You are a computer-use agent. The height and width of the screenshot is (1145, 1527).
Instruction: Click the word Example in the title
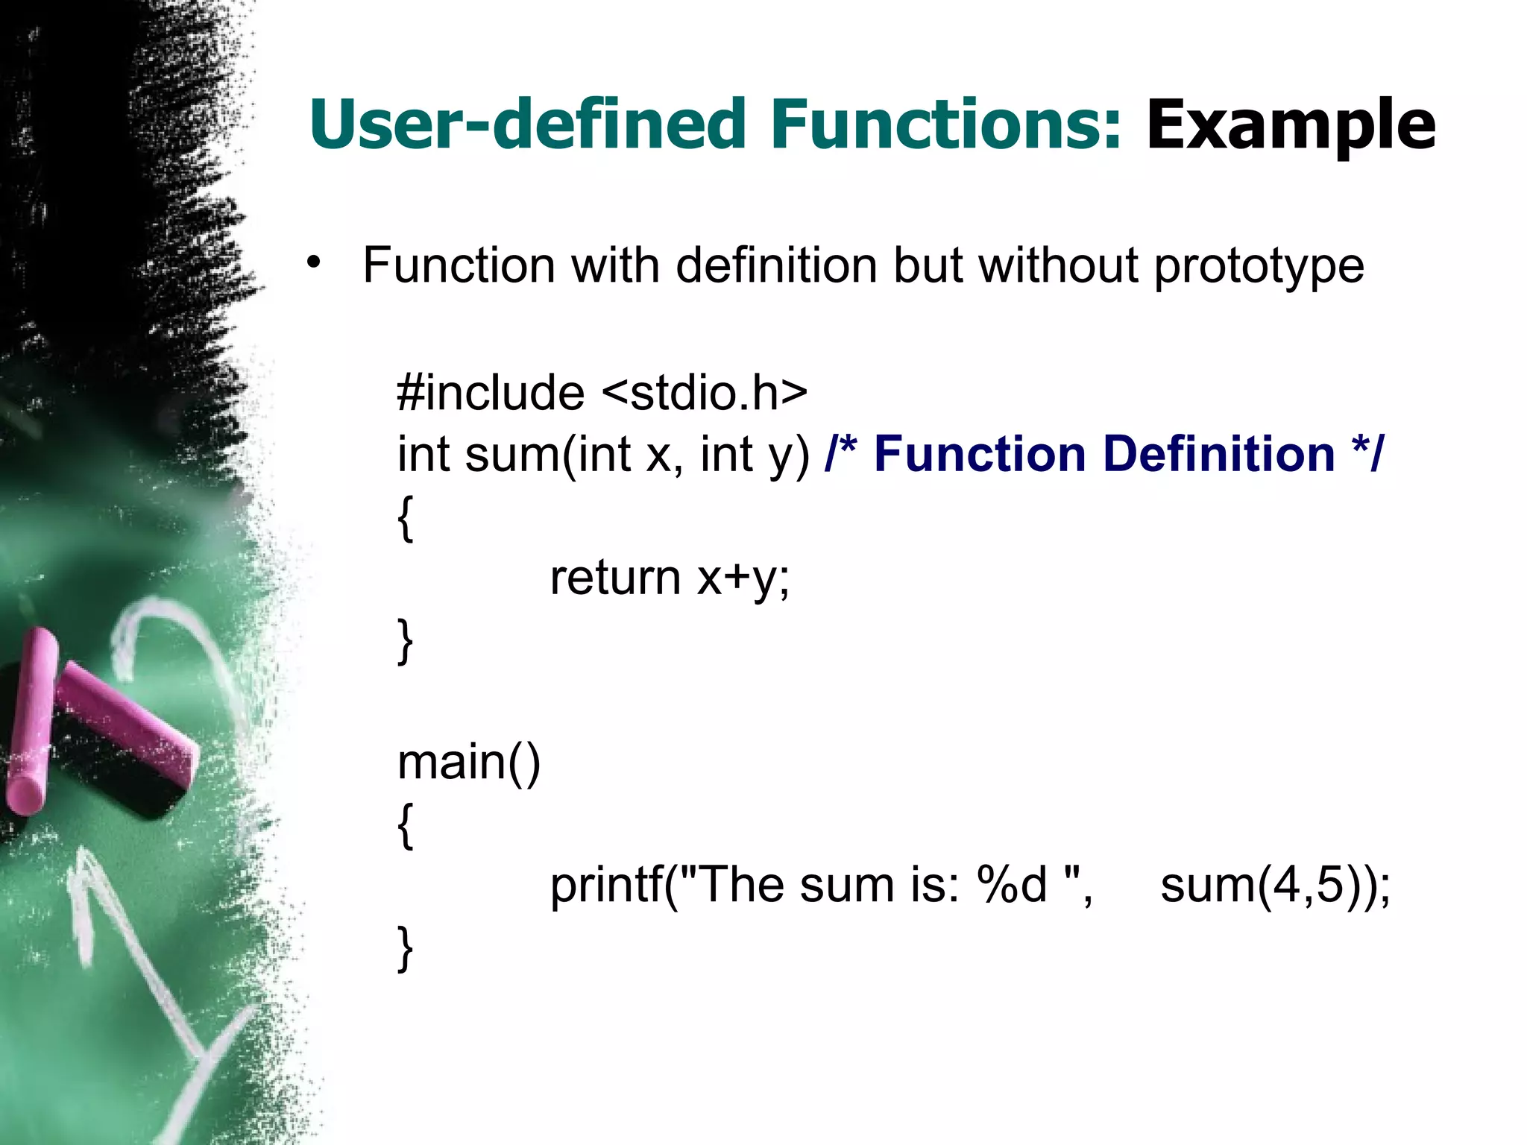pos(1290,125)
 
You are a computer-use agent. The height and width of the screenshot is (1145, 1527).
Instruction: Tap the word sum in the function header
pos(511,454)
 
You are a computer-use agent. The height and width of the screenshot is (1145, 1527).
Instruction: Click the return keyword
pos(615,577)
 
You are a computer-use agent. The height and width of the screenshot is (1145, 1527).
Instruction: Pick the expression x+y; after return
pos(743,578)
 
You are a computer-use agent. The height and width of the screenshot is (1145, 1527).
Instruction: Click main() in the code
pos(468,763)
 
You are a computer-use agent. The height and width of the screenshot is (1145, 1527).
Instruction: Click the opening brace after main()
pos(405,826)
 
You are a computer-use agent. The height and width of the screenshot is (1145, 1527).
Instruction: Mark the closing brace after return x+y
pos(405,641)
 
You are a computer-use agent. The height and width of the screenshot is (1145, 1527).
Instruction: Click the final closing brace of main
pos(405,948)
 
